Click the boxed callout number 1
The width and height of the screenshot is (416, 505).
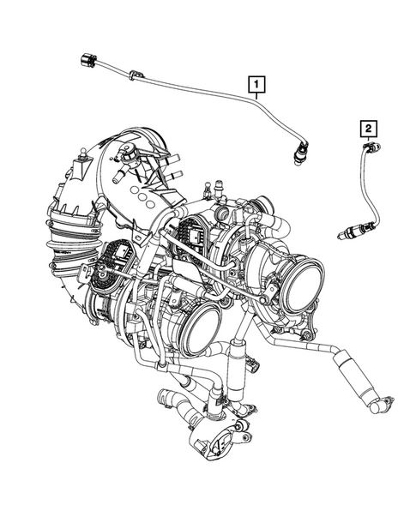coord(256,83)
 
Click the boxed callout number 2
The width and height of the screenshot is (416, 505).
coord(368,129)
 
